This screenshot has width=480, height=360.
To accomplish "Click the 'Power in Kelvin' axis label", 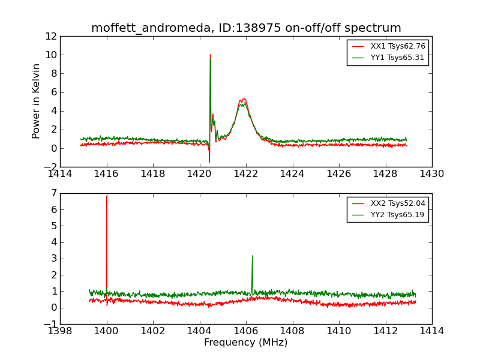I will [37, 101].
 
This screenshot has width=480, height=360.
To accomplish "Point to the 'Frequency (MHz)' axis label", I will [246, 343].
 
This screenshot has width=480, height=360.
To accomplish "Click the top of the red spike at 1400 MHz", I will [107, 196].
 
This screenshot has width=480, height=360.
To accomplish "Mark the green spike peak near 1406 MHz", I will [252, 256].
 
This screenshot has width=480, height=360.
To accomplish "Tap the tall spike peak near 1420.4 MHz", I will [210, 55].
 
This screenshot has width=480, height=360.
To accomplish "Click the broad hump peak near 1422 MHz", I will [243, 99].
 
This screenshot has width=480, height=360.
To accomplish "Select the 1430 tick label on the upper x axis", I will [431, 174].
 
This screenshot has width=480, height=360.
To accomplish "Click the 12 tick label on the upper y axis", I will [50, 36].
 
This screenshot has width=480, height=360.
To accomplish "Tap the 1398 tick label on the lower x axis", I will [60, 331].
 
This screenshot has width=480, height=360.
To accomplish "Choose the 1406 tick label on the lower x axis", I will [246, 331].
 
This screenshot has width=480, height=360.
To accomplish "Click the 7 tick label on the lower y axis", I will [53, 193].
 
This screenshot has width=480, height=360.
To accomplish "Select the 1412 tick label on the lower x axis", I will [385, 331].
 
